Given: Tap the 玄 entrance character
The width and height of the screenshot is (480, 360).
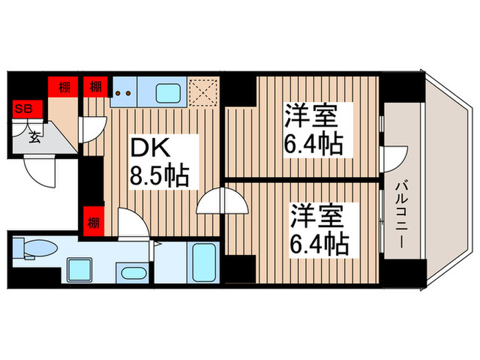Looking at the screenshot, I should (34, 136).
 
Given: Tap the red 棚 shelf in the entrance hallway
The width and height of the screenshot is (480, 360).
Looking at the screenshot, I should (64, 87).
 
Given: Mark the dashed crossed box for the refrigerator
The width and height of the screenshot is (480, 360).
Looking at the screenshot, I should (204, 92).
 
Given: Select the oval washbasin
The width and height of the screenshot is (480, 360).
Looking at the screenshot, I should (132, 274).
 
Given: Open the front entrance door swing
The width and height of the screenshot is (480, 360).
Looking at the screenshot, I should (38, 169).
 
